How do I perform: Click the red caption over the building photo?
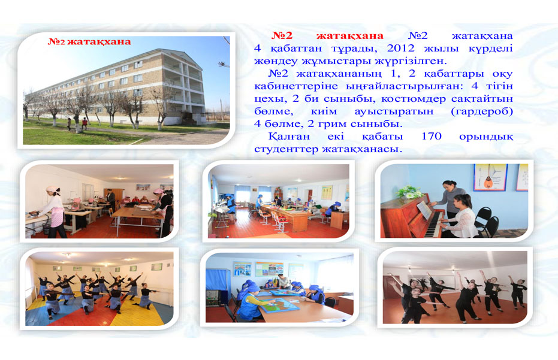tap(89, 42)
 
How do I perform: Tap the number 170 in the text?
tap(432, 136)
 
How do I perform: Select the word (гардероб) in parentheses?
tap(482, 111)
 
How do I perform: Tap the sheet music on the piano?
tap(424, 210)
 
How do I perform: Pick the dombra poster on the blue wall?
tap(490, 177)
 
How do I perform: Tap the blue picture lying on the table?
tap(280, 305)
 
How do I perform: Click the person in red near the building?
tap(85, 123)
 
